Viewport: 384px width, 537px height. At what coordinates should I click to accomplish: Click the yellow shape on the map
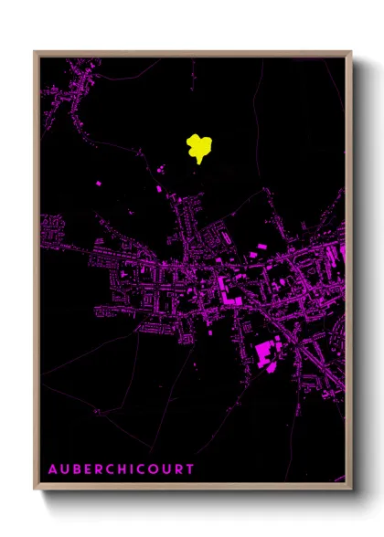pos(200,145)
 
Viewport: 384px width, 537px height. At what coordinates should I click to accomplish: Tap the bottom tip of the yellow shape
pos(196,163)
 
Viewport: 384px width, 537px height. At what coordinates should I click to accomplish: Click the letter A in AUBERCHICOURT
pos(53,469)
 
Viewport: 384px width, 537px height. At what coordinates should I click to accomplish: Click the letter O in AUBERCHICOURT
pos(164,469)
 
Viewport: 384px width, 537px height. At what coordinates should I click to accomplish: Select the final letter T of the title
pos(190,469)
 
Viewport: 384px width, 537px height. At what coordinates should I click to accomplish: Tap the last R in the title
pos(178,469)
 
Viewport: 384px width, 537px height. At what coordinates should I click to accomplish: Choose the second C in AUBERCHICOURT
pos(152,469)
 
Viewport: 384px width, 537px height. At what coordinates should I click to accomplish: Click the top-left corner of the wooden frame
pos(35,52)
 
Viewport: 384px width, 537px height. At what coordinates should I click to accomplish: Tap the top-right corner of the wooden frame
pos(352,52)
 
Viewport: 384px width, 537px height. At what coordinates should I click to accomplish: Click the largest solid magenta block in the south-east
pos(267,352)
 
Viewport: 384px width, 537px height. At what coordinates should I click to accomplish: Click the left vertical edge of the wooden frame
pos(36,274)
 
